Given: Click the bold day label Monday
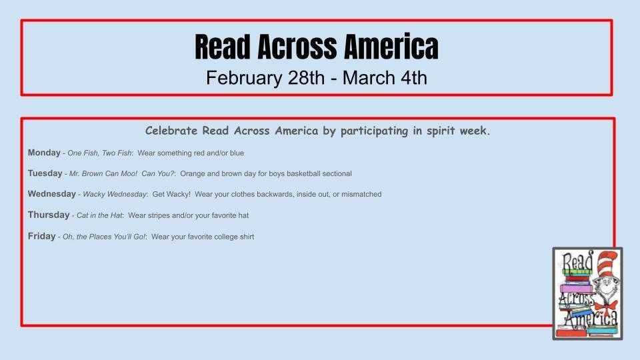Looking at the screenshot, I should tap(44, 153).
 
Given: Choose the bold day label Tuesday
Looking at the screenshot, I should tap(45, 173).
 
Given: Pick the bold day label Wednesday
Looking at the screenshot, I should tap(51, 194).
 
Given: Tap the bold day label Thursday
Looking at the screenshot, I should tap(49, 215).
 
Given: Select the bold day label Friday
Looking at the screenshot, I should tap(41, 236).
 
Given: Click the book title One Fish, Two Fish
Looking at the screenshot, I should tap(99, 153).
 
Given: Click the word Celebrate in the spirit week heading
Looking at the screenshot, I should tap(171, 131).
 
